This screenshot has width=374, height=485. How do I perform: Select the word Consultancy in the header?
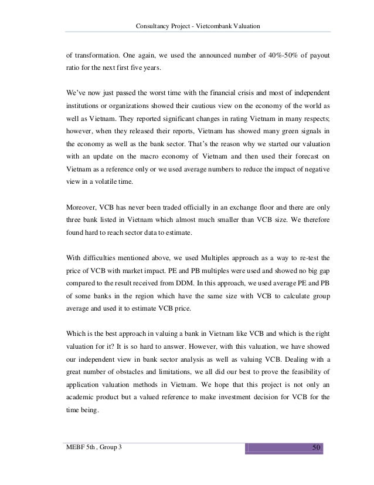tap(154, 25)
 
